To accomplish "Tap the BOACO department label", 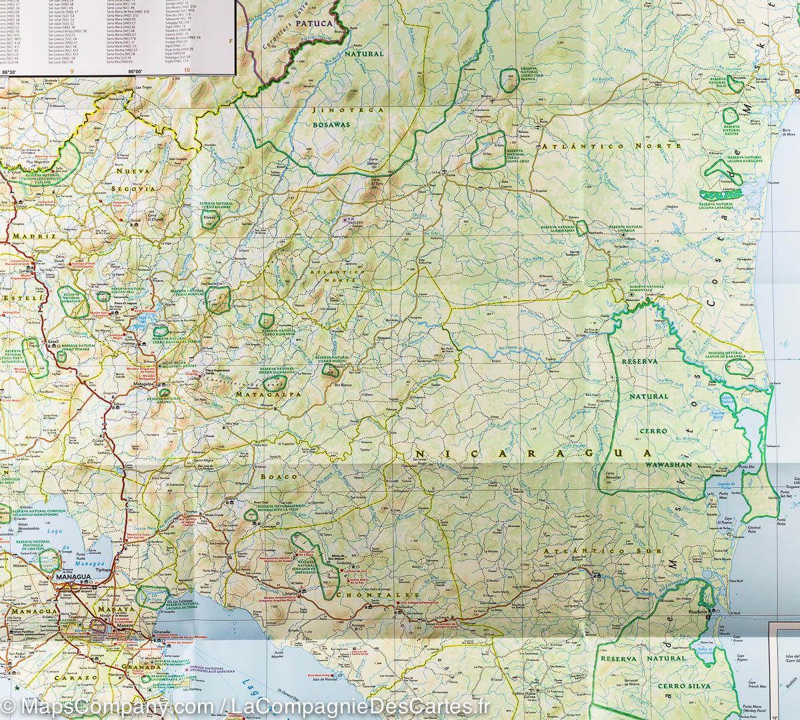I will (273, 477).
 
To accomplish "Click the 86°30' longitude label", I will (9, 71).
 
